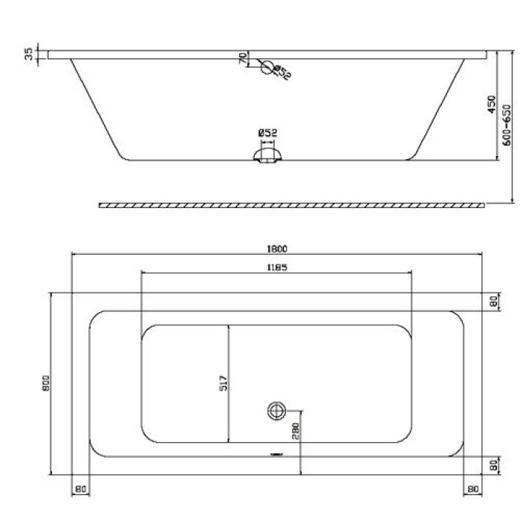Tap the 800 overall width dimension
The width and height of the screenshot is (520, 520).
(45, 383)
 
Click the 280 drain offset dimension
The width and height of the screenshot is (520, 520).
(295, 433)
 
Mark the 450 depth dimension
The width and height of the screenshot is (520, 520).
(491, 104)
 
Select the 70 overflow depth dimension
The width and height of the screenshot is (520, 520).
(243, 59)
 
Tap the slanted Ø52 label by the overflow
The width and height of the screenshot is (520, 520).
(282, 73)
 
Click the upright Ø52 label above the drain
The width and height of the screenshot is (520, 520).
(267, 132)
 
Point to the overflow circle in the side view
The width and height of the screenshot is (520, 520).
(267, 65)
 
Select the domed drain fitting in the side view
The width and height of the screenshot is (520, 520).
(267, 154)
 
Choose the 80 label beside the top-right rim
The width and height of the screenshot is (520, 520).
(493, 302)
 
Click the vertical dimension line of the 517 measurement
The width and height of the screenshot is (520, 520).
(230, 383)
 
